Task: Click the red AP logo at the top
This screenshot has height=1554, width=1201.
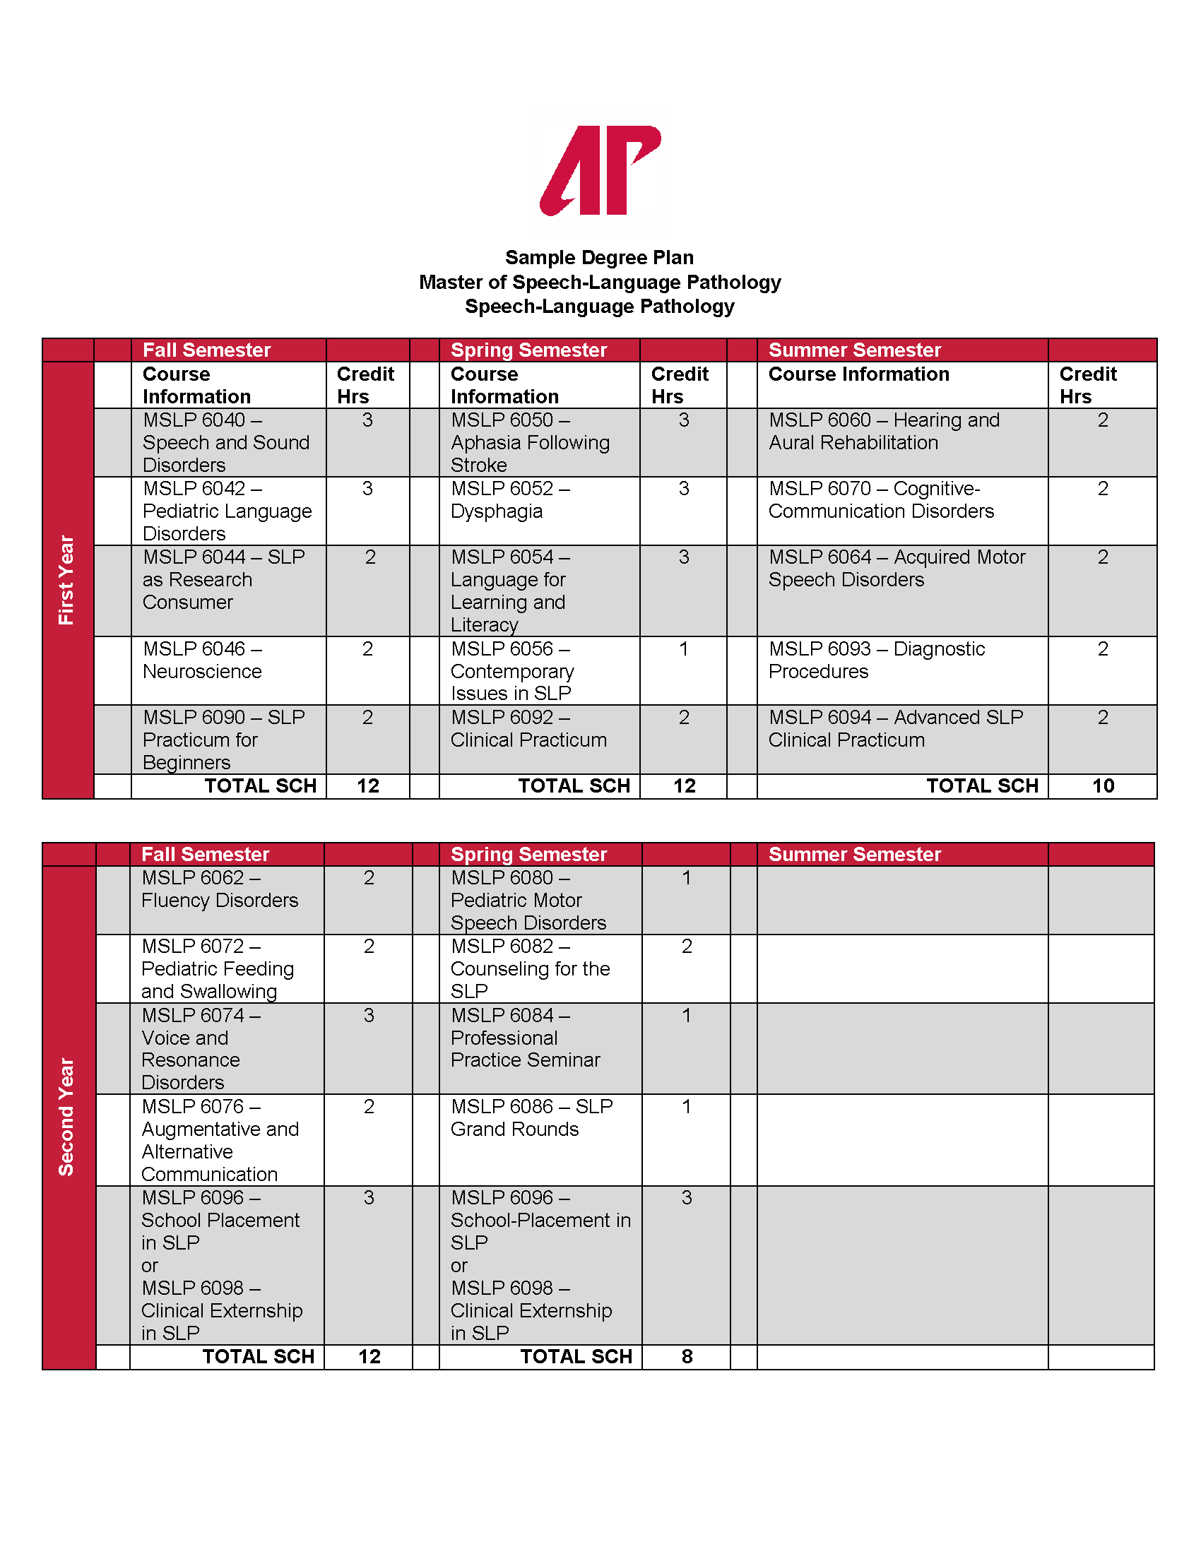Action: [600, 171]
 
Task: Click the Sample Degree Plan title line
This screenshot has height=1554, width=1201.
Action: [599, 258]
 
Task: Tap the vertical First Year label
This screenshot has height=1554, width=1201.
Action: [67, 580]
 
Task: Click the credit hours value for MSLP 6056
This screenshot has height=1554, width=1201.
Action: [683, 649]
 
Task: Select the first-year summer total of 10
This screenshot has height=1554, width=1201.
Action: [1102, 785]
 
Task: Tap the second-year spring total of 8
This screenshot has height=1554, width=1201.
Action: [686, 1356]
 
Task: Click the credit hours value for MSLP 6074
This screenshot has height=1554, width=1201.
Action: [368, 1015]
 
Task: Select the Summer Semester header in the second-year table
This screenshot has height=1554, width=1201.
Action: [855, 854]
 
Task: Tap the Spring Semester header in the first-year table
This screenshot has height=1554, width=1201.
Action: [528, 350]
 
